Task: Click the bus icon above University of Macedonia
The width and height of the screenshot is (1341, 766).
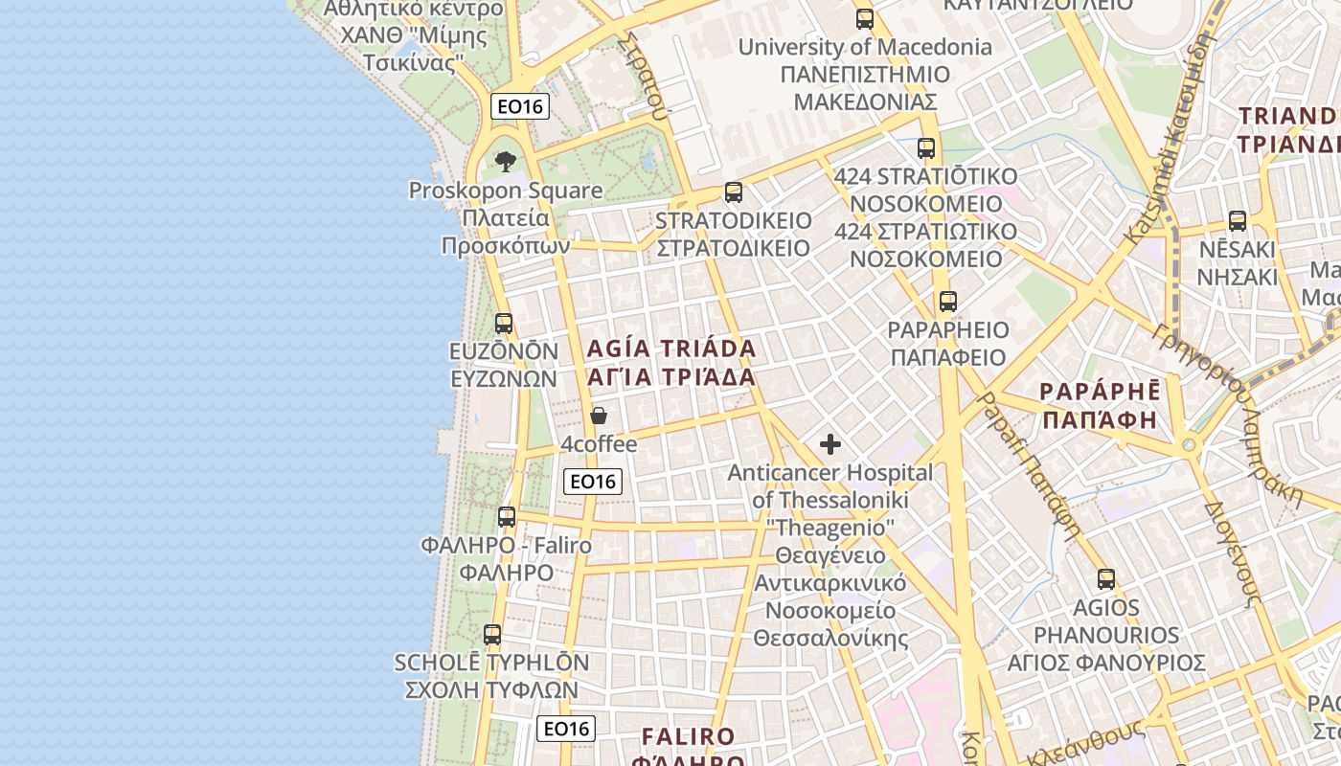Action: click(x=865, y=18)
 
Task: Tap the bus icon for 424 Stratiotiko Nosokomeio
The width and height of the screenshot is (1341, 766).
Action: click(x=925, y=148)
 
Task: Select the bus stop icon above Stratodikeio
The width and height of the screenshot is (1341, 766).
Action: click(x=734, y=192)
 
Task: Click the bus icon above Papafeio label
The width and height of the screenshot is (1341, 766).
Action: click(x=947, y=302)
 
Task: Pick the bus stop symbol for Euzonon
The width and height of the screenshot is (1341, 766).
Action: click(x=504, y=324)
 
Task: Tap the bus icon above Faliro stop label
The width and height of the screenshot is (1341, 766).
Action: click(x=507, y=517)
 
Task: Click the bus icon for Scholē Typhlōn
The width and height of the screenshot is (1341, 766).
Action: click(x=492, y=634)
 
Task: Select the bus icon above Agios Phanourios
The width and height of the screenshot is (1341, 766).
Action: click(x=1106, y=579)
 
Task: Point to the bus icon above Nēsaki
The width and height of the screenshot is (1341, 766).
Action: click(x=1238, y=221)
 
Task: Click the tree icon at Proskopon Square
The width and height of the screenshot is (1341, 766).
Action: click(x=506, y=162)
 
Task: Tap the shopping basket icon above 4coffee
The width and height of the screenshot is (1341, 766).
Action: click(x=599, y=416)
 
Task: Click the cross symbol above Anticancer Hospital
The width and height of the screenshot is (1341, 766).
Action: click(x=830, y=444)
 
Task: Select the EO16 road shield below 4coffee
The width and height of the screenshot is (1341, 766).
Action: click(x=593, y=482)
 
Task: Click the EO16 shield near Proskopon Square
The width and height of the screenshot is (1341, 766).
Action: click(x=520, y=106)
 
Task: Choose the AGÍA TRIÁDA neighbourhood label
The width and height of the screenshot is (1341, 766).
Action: click(x=671, y=362)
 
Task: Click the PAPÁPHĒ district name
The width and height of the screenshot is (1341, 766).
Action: click(x=1099, y=405)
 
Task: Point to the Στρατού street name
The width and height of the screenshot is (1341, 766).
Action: click(x=643, y=77)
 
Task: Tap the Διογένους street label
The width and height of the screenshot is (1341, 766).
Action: click(x=1230, y=554)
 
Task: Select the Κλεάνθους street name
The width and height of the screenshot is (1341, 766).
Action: click(x=1086, y=742)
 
